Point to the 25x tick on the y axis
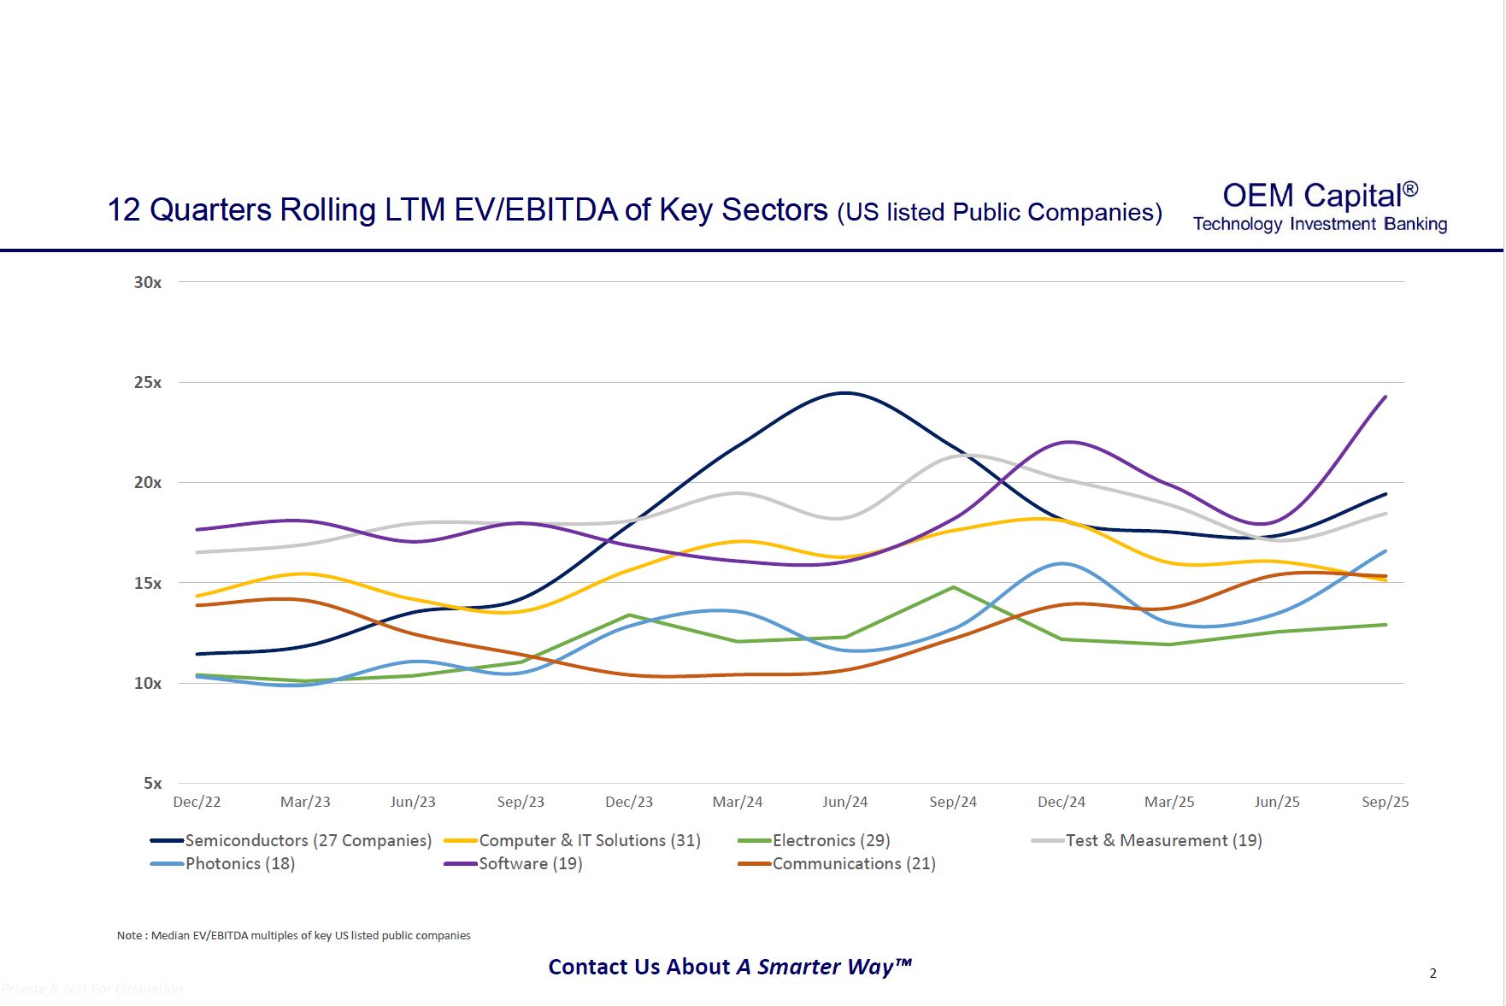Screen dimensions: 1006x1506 click(x=147, y=382)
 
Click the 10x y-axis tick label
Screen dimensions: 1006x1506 click(x=147, y=683)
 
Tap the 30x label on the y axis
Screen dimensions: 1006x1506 click(x=147, y=282)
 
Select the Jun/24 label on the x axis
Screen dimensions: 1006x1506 click(x=844, y=802)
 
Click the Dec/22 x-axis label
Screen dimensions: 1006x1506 click(x=197, y=802)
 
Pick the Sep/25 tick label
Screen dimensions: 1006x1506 click(x=1385, y=802)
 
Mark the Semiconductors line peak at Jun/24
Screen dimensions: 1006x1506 click(x=845, y=393)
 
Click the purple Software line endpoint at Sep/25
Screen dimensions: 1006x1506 click(x=1385, y=397)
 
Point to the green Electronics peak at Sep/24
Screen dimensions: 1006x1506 click(x=953, y=587)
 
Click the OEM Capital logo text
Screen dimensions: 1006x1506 click(x=1320, y=196)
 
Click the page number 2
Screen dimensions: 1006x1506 click(x=1433, y=973)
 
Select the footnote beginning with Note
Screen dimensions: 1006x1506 click(x=293, y=935)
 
